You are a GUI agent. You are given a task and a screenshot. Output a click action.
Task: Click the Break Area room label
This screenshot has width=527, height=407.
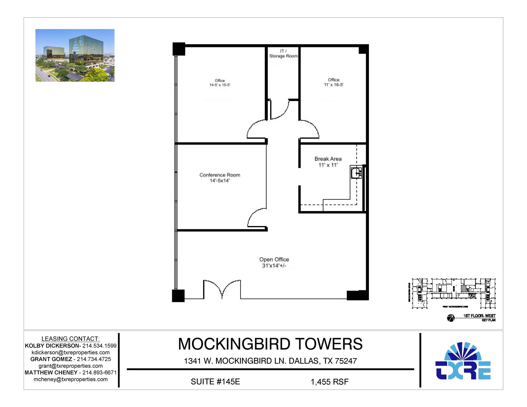coord(328,162)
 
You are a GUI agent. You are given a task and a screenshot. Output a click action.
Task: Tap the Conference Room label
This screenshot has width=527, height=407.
coord(220,178)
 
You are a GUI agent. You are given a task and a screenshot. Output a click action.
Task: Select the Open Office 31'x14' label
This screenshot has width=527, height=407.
coord(274,262)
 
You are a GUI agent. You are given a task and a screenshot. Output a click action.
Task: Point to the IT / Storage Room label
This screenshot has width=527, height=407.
coord(283,53)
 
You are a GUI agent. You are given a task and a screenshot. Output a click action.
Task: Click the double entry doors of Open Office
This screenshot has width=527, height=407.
coord(222,289)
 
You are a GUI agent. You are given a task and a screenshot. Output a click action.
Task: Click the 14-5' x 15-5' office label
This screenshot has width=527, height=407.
coord(220,83)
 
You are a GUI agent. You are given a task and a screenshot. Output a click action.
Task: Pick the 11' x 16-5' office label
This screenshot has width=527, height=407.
coord(333,82)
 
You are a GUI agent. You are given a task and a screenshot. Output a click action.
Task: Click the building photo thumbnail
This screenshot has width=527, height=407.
coord(75,55)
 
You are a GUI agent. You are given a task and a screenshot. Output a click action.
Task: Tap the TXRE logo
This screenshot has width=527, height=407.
coord(463,361)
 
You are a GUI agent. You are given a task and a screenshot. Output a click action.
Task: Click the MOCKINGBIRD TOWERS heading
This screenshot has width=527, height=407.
coord(270,344)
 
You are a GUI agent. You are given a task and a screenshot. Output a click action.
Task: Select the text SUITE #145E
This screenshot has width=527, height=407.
coord(215,382)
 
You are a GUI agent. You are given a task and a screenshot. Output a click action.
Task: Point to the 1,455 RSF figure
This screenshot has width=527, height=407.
coord(329,382)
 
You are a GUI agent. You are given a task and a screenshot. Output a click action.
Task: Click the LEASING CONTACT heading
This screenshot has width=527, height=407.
coord(71,339)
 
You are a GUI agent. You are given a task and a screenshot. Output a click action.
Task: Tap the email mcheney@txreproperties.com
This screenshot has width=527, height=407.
coord(71,379)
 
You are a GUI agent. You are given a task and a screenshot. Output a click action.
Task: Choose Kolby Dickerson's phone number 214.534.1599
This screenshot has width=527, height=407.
coord(99,346)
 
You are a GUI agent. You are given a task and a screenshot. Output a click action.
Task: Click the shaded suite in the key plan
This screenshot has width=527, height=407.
coord(463,288)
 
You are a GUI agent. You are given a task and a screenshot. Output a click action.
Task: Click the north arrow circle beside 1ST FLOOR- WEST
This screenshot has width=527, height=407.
coord(451,318)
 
